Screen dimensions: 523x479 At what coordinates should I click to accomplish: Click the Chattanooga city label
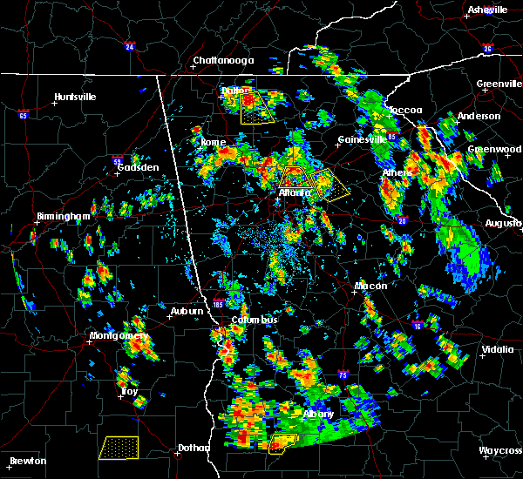(x=223, y=60)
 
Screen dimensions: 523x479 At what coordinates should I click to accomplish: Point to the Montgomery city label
(x=119, y=336)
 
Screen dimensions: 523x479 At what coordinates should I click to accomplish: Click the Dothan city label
(x=195, y=449)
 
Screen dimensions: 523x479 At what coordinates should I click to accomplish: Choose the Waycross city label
(x=500, y=451)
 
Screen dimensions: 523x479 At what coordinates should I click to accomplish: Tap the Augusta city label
(x=504, y=224)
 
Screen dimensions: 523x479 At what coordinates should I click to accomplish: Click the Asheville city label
(x=487, y=10)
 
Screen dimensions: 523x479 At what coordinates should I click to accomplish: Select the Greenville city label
(x=499, y=84)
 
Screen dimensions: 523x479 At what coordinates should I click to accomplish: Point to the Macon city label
(x=370, y=286)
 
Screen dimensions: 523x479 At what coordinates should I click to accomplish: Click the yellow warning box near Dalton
(x=254, y=108)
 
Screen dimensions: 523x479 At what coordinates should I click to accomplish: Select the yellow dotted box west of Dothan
(x=119, y=448)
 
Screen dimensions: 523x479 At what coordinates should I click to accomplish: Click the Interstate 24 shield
(x=129, y=46)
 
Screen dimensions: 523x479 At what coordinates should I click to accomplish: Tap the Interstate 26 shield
(x=488, y=48)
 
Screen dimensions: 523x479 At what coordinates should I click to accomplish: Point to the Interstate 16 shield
(x=416, y=325)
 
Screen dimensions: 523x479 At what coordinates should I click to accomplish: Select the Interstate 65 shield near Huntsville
(x=23, y=114)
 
